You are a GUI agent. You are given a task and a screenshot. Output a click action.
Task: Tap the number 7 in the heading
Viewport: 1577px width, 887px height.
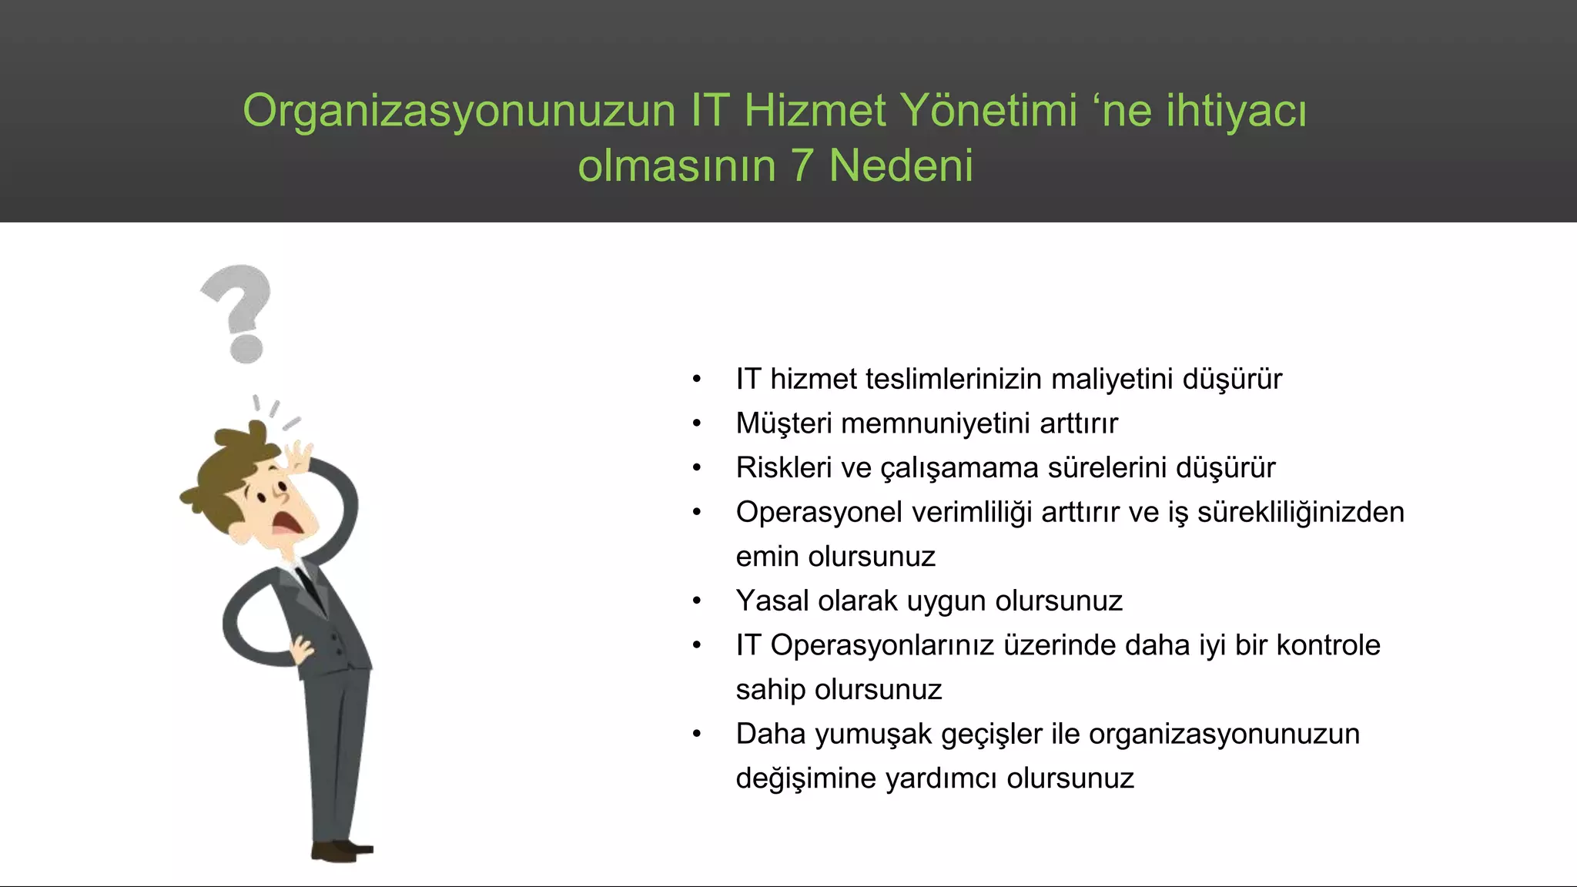click(802, 166)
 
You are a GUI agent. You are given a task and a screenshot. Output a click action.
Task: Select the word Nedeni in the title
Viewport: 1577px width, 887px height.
click(901, 166)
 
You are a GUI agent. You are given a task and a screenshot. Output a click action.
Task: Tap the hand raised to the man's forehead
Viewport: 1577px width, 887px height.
click(296, 459)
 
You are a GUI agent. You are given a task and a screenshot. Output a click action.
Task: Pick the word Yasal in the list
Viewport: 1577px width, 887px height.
click(772, 601)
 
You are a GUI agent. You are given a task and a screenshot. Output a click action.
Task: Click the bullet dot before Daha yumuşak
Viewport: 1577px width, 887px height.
click(697, 735)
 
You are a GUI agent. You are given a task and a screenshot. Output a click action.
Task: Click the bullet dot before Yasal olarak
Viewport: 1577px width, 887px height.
click(697, 601)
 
